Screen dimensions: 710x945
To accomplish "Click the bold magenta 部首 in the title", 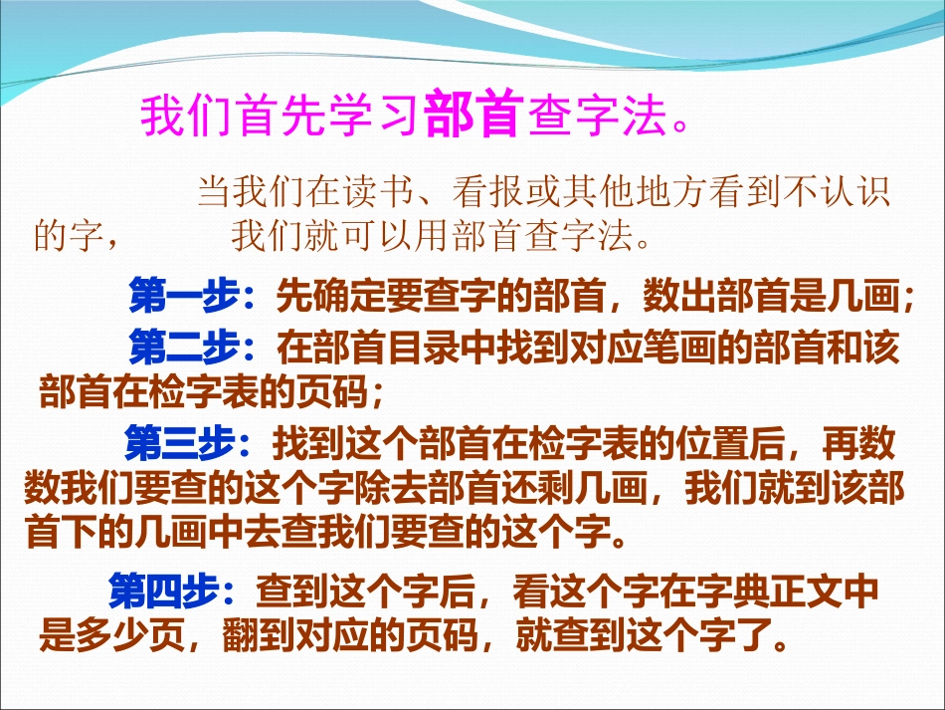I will pos(472,116).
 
